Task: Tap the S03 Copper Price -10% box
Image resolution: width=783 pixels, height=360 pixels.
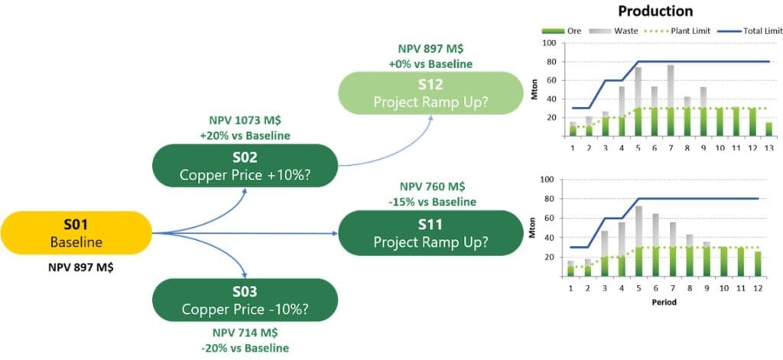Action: tap(245, 300)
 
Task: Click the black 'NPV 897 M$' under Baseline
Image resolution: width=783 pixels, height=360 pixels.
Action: tap(76, 269)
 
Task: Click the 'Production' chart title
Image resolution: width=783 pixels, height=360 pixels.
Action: tap(655, 11)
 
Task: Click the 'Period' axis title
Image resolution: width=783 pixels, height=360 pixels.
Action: tap(664, 301)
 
